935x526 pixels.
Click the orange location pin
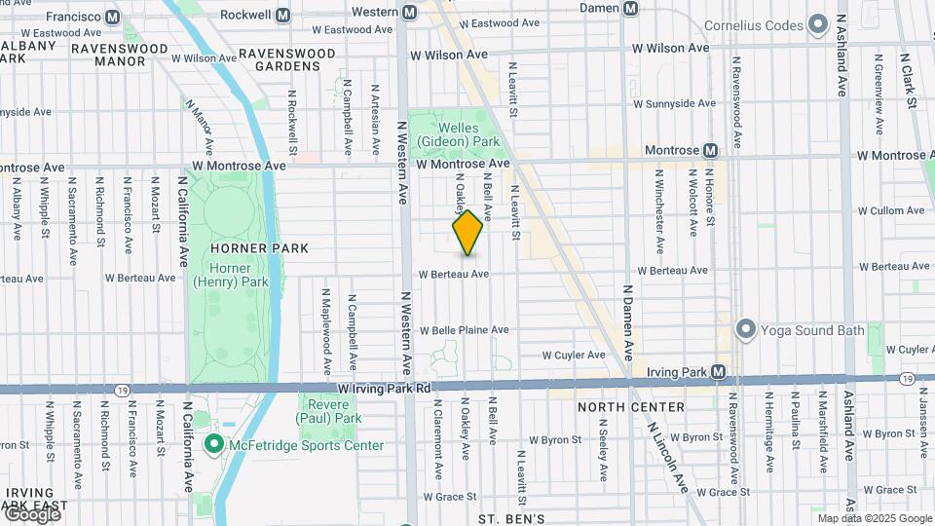[x=467, y=233]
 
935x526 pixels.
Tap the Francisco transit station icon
[x=112, y=17]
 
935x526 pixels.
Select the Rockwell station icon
[x=283, y=16]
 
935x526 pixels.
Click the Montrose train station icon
[x=710, y=151]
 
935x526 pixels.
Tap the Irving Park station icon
[x=718, y=371]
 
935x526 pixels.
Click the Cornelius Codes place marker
[x=818, y=22]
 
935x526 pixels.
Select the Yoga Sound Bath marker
[x=746, y=329]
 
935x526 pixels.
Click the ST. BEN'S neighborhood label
[x=510, y=518]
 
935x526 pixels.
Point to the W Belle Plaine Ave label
[x=464, y=330]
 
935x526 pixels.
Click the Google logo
[x=32, y=514]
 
